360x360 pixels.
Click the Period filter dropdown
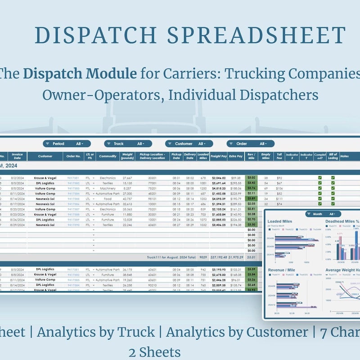coord(67,144)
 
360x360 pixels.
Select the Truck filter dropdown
coord(128,144)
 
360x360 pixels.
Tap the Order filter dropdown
coord(250,144)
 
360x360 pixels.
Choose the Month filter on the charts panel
coord(320,214)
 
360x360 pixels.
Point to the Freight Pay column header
coord(219,157)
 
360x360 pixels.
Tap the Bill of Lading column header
coord(333,157)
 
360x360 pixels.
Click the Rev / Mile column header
coord(251,157)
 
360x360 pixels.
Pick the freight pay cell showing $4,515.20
coord(219,189)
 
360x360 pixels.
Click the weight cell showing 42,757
coord(127,199)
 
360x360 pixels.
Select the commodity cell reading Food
coord(107,199)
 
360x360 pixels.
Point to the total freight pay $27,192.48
coord(219,257)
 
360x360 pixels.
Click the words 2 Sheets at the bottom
coord(155,351)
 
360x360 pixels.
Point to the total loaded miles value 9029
coord(203,257)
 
